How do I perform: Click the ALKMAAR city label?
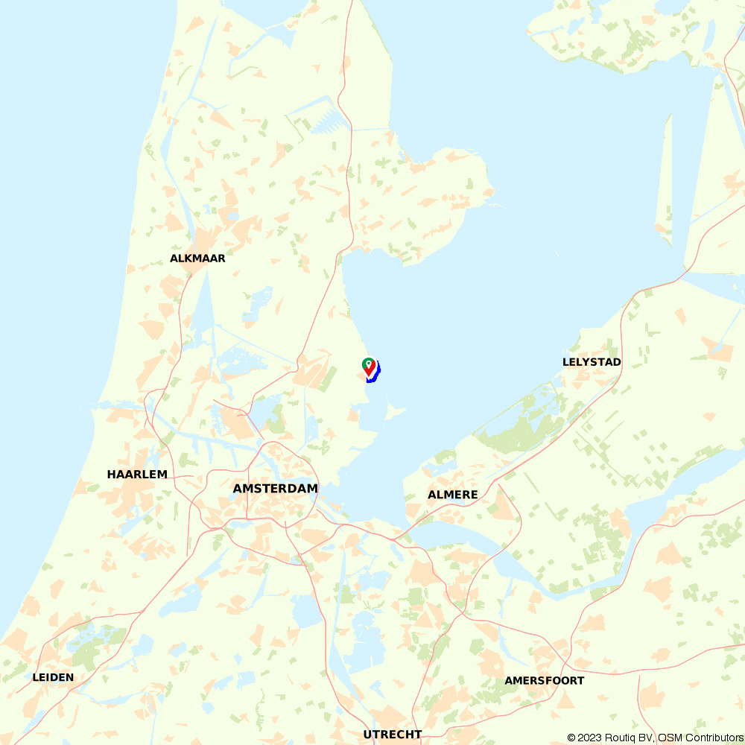[x=197, y=259]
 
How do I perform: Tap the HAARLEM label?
[x=137, y=475]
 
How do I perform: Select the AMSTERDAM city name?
[x=275, y=489]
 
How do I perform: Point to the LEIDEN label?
[x=53, y=677]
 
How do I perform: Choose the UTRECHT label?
[x=393, y=735]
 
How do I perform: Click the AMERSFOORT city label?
[x=544, y=681]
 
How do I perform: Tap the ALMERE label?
[x=453, y=495]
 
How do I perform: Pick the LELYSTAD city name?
[x=592, y=362]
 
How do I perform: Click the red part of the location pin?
[x=370, y=370]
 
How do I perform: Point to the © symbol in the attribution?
[x=571, y=738]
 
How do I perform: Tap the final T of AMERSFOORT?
[x=580, y=681]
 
